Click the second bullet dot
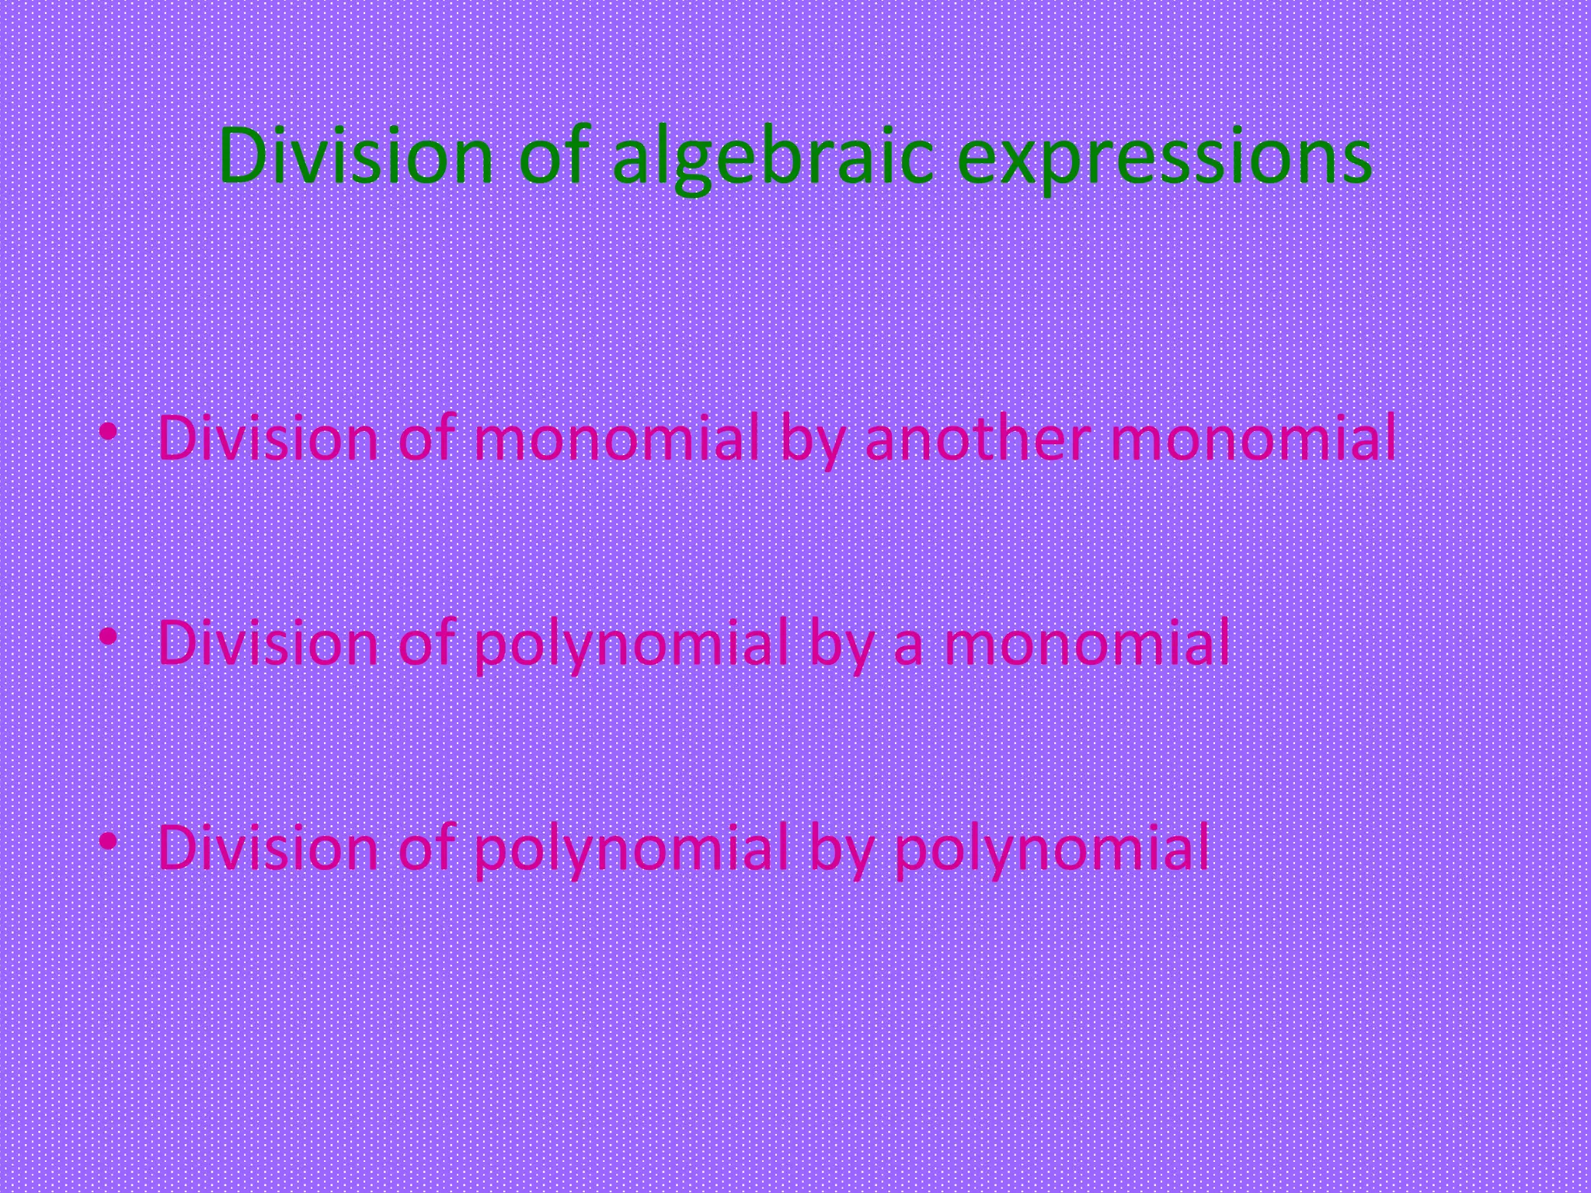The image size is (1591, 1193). tap(109, 637)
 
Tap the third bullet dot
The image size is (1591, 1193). tap(109, 841)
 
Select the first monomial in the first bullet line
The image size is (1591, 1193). tap(616, 438)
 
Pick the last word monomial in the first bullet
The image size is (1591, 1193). tap(1253, 438)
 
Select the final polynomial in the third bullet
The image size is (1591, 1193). tap(1052, 848)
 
